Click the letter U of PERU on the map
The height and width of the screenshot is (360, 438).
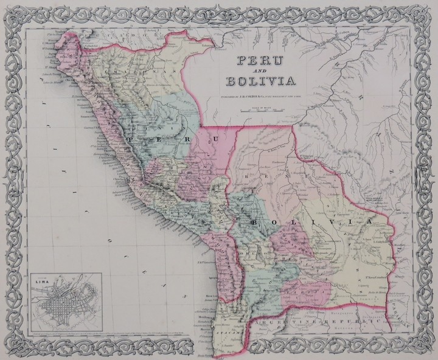click(212, 142)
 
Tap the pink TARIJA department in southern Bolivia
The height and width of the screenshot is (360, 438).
click(304, 286)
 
